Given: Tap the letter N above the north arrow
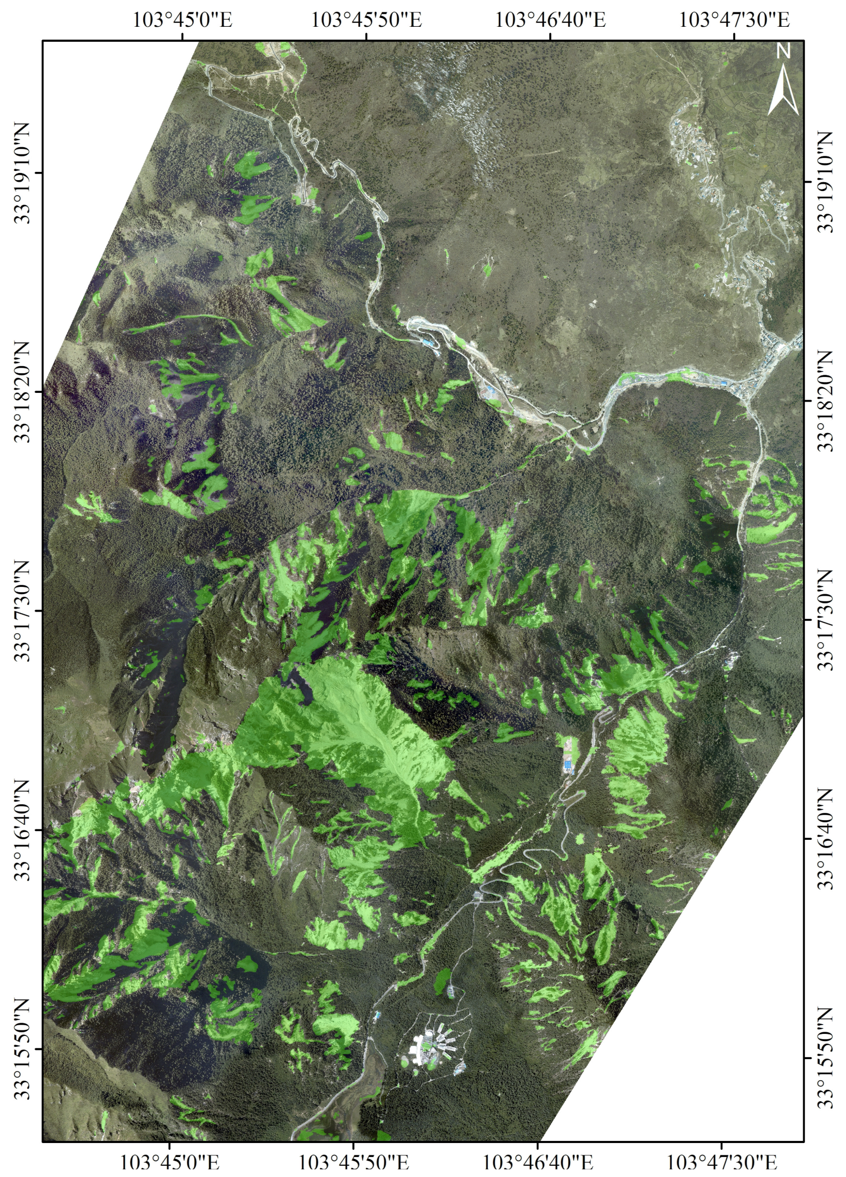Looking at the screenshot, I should [784, 51].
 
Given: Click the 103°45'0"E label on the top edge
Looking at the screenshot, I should [182, 20].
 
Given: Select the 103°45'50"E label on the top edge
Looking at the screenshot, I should [366, 20].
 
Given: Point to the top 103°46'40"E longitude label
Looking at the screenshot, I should [550, 20].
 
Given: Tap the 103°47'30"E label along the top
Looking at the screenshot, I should [734, 20].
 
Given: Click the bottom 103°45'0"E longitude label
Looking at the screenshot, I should [170, 1162].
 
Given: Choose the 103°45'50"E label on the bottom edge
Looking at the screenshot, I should [354, 1162].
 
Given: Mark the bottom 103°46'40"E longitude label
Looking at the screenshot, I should [538, 1162].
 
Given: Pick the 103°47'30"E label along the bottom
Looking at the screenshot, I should [722, 1162].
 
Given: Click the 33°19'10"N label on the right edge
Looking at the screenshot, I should [825, 182].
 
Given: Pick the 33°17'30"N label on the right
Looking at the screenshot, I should [825, 620].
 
